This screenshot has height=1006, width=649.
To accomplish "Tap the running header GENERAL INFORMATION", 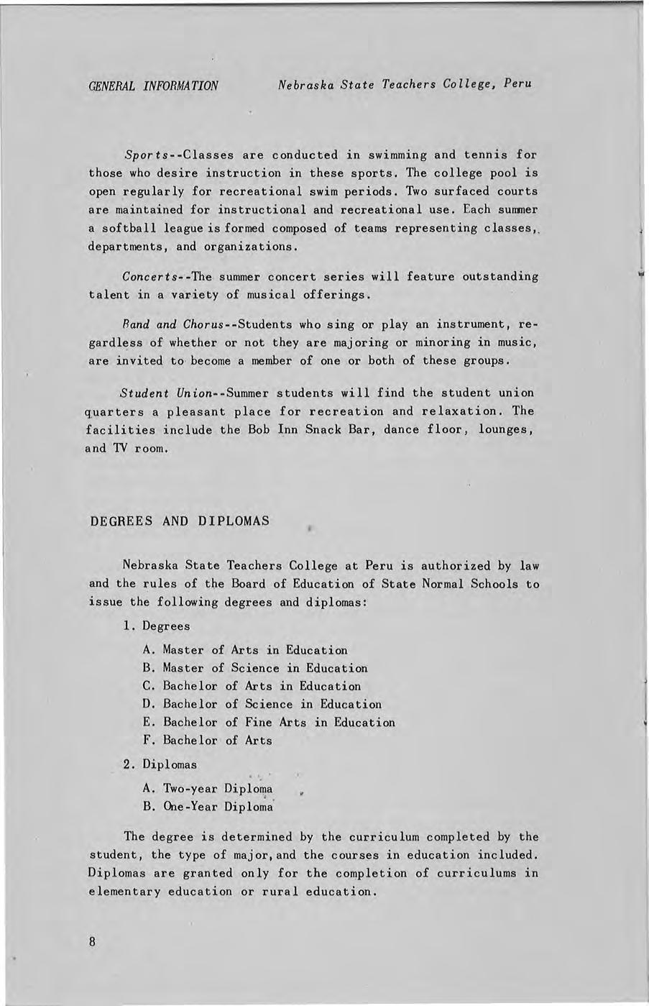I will click(153, 86).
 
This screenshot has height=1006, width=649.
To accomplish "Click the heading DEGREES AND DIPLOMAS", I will click(180, 521).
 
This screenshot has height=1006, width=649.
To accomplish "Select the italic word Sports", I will click(147, 155).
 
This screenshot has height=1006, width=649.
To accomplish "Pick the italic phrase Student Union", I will click(167, 393).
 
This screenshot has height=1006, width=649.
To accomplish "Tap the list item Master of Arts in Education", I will click(245, 650).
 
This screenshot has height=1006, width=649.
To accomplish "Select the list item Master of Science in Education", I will click(255, 668).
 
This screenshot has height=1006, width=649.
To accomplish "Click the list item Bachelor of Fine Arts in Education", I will click(269, 722).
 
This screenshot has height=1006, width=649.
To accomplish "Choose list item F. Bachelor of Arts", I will click(208, 740).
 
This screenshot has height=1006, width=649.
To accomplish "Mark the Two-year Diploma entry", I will click(208, 788).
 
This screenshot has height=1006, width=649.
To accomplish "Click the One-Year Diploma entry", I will click(208, 806).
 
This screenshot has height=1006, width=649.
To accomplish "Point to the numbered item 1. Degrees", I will click(157, 626).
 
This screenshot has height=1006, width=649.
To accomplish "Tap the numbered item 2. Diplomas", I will click(160, 764).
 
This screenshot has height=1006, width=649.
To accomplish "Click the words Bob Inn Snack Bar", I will click(305, 430).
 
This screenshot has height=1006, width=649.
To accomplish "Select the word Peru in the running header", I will click(517, 83).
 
